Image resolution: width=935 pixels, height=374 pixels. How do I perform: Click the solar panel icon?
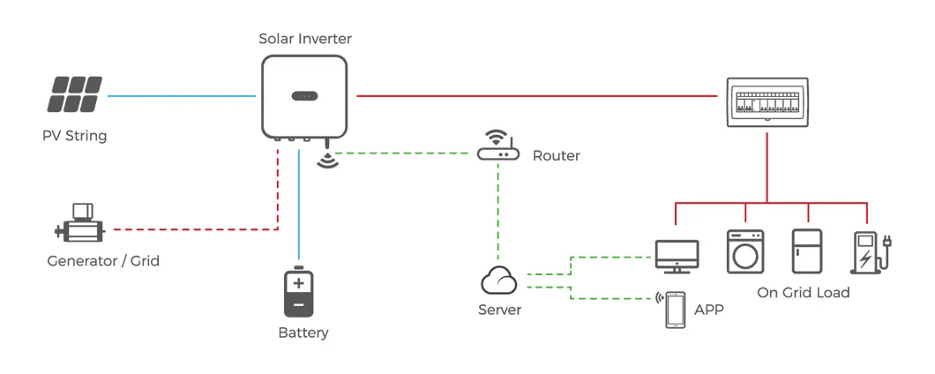75,94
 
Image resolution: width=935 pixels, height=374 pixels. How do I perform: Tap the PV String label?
74,136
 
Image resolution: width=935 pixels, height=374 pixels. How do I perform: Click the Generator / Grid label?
103,261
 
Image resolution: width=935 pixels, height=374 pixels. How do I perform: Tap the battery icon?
298,292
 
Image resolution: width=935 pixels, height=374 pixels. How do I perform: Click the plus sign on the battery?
298,283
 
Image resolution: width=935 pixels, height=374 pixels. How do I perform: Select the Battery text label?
303,333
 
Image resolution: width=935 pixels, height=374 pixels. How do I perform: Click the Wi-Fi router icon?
498,146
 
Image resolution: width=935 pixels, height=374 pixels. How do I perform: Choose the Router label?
556,155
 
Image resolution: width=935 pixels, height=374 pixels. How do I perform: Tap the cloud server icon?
498,281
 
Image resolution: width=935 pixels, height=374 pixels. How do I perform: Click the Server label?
499,310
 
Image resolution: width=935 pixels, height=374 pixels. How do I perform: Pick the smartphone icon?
675,310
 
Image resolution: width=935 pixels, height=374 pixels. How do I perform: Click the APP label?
709,310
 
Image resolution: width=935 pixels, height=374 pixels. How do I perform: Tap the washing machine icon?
744,251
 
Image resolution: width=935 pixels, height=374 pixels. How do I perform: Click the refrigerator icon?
806,251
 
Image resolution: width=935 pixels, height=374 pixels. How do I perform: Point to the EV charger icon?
865,251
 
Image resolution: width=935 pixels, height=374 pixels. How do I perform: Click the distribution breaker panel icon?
767,103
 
